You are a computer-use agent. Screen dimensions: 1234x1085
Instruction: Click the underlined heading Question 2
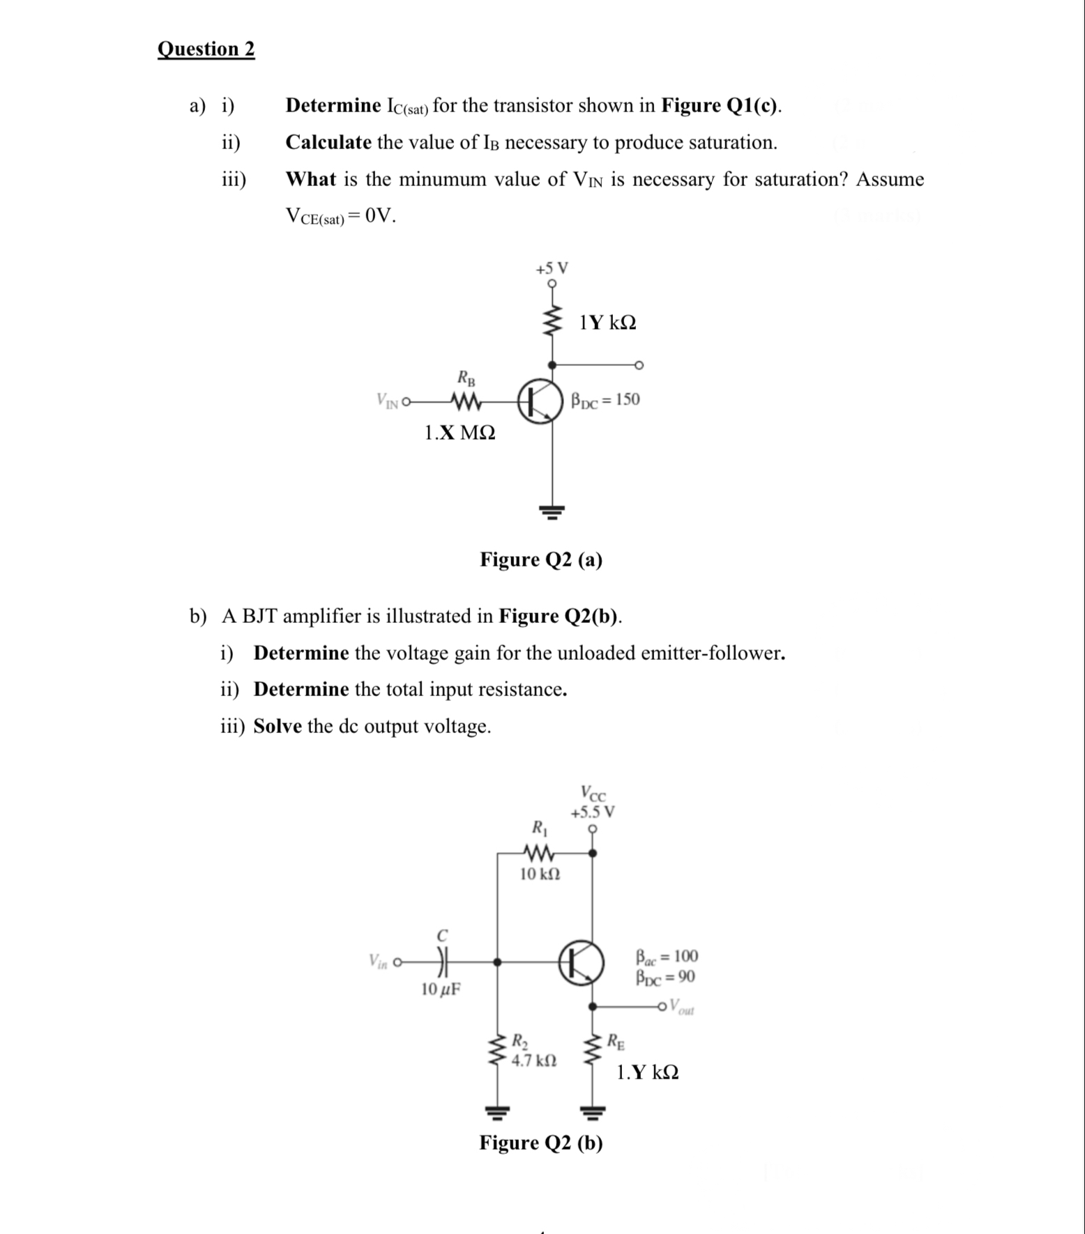click(206, 49)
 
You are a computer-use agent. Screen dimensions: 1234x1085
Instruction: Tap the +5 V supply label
click(552, 268)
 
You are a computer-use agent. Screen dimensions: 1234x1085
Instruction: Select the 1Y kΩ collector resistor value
click(607, 323)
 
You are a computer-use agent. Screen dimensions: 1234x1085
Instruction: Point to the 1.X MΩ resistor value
click(460, 433)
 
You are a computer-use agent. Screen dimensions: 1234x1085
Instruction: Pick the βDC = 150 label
click(605, 400)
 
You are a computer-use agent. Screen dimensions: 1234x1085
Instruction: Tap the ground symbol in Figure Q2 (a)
click(552, 513)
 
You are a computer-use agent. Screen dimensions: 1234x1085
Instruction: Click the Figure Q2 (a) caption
click(541, 560)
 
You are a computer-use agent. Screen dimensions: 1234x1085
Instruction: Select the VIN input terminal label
click(387, 401)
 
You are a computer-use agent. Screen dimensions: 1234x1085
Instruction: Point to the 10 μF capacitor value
click(441, 989)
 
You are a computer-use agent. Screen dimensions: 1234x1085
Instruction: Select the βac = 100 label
click(667, 955)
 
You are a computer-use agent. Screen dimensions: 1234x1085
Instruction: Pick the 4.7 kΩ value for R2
click(533, 1061)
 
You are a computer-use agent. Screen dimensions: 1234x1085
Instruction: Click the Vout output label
click(681, 1007)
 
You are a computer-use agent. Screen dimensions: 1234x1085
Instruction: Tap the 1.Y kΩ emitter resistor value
click(647, 1072)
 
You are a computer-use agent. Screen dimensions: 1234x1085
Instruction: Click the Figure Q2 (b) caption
click(541, 1143)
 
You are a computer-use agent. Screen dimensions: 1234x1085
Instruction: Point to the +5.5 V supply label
click(593, 812)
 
